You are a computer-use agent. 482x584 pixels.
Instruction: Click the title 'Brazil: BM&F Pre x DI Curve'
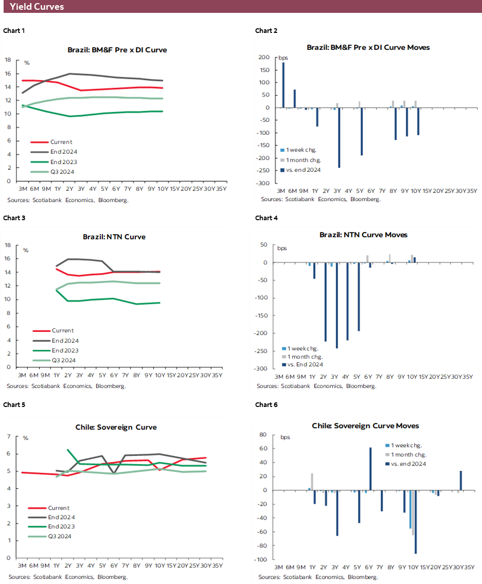click(x=117, y=50)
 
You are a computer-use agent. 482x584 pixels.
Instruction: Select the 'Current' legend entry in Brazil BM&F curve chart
click(x=61, y=142)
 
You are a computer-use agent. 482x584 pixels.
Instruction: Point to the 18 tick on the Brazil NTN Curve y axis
click(x=8, y=245)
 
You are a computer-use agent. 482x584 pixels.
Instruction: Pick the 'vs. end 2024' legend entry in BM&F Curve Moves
click(x=304, y=170)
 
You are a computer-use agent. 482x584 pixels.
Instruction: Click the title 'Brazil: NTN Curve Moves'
click(x=363, y=235)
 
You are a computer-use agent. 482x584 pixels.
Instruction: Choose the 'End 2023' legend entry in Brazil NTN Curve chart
click(x=64, y=350)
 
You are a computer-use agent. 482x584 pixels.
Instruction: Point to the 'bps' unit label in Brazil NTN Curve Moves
click(x=282, y=249)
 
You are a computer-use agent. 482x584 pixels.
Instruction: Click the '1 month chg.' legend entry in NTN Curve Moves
click(x=305, y=356)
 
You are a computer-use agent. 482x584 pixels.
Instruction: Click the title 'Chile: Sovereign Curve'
click(x=116, y=427)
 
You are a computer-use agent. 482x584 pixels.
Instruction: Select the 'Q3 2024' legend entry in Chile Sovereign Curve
click(x=59, y=536)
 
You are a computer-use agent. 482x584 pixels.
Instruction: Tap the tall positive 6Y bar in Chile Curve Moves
click(x=370, y=469)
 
